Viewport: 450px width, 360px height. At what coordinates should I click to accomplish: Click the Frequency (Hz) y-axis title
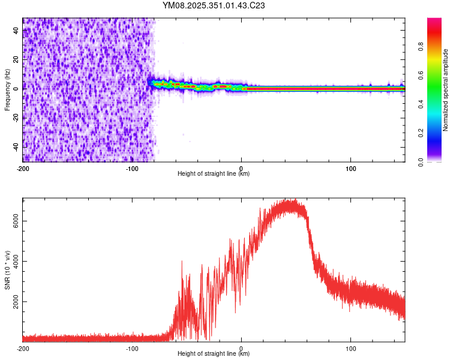7,90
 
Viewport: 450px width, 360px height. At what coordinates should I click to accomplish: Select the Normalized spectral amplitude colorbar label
446,90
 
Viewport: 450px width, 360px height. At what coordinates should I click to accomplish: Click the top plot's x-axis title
214,173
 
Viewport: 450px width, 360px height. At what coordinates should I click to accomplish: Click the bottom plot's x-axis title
214,353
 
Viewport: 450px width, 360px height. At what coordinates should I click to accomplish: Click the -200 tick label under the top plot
23,168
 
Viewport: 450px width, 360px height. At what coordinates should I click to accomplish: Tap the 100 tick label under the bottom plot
351,348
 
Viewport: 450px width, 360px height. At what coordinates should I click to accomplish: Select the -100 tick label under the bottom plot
132,348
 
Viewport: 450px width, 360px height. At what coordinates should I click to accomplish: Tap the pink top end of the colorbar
434,21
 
